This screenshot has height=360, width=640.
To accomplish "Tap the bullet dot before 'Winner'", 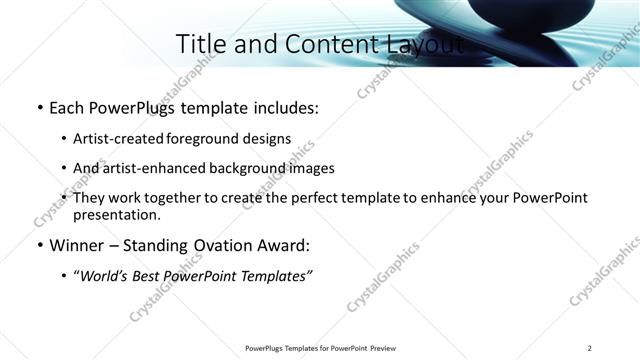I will click(x=39, y=246).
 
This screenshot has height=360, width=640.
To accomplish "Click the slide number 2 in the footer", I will click(x=589, y=348).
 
